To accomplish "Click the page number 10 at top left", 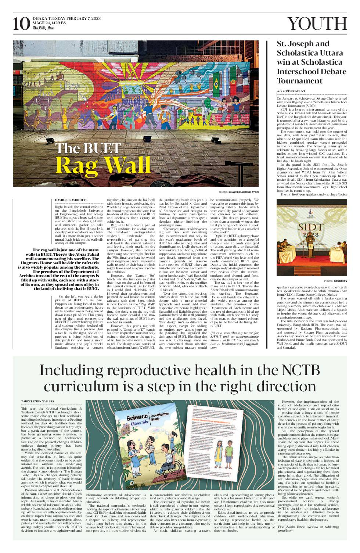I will [x=21, y=24].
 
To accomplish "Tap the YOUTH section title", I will [x=317, y=24].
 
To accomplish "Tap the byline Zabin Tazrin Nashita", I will [x=38, y=401].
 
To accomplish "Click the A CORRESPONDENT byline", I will [x=291, y=91].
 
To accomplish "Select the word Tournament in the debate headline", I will [x=300, y=81].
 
